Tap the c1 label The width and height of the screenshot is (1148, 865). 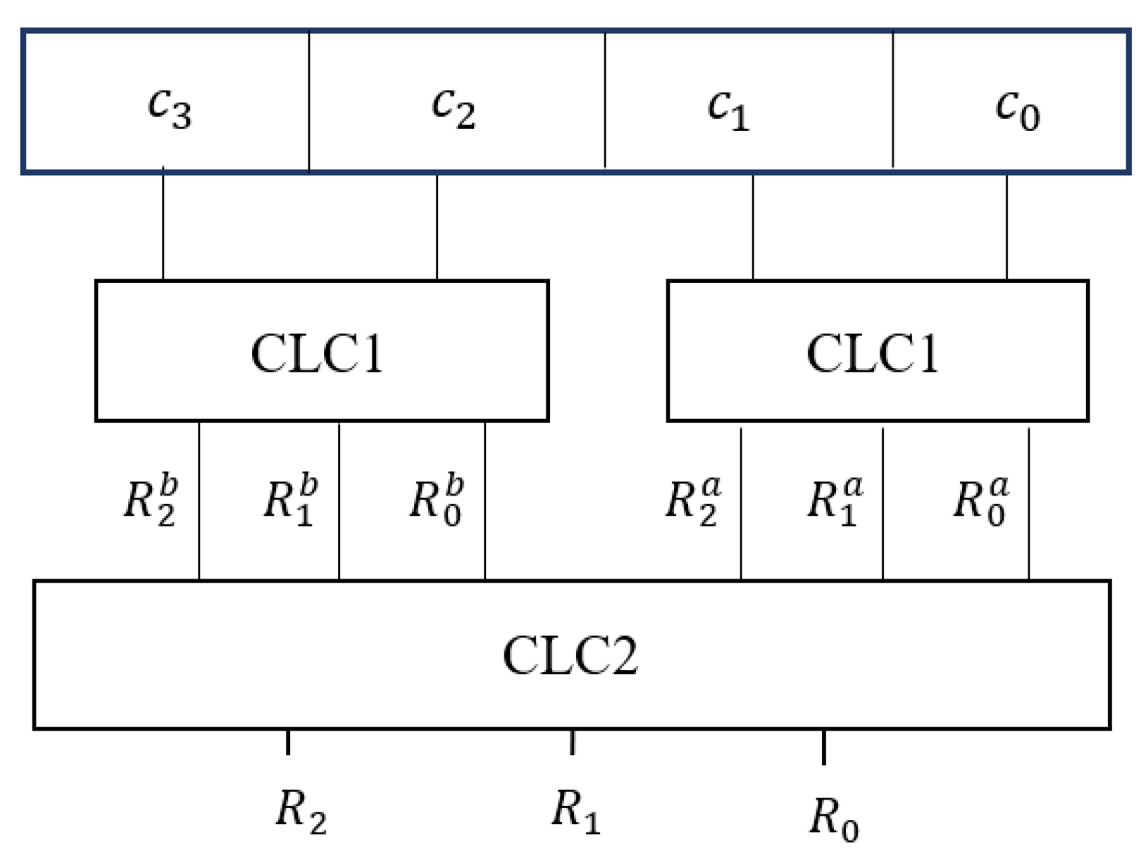pos(728,109)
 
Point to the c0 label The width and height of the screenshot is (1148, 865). pos(1017,109)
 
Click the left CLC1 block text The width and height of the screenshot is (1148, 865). pos(317,353)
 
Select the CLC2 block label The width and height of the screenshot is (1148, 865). pos(570,655)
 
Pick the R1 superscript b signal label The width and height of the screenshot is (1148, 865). pos(291,500)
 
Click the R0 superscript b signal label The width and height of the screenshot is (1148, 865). pos(437,500)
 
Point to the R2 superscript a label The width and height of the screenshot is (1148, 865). pos(693,500)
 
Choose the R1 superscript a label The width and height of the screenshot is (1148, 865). pos(835,500)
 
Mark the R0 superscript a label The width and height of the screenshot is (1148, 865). pos(981,500)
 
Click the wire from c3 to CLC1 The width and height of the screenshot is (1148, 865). pos(163,225)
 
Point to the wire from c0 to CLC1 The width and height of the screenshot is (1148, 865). pos(1006,225)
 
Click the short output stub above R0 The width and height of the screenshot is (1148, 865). pos(823,747)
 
